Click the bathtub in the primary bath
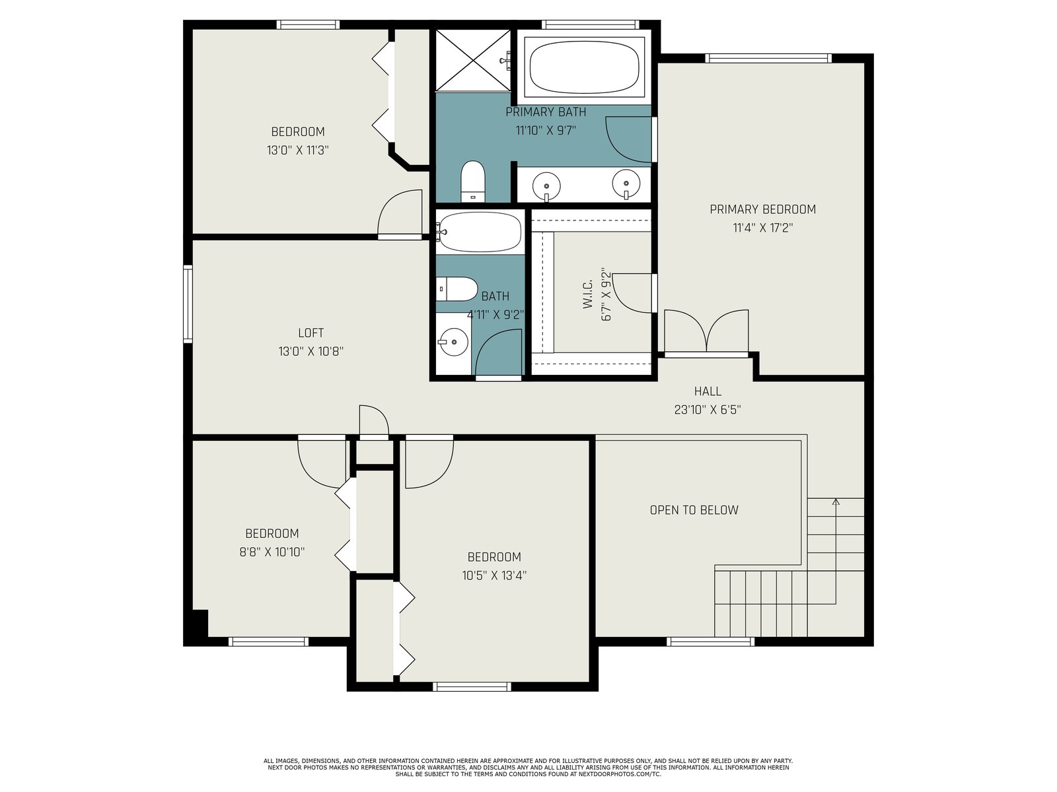coord(584,67)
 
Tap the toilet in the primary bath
coord(472,181)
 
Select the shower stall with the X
coord(472,60)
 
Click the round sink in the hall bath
coord(454,342)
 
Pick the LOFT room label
coord(310,333)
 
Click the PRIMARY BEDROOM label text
coord(763,209)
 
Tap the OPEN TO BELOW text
coord(694,510)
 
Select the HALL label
coord(708,391)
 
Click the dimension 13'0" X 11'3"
coord(297,150)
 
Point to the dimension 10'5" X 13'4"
coord(494,576)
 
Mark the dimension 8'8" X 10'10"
coord(272,552)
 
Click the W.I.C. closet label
coord(587,295)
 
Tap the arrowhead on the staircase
coord(836,502)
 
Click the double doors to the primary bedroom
coord(706,332)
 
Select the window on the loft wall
coord(188,304)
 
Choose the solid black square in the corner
coord(200,624)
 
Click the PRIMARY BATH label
coord(546,112)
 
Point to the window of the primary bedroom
coord(768,58)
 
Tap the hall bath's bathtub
coord(480,232)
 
